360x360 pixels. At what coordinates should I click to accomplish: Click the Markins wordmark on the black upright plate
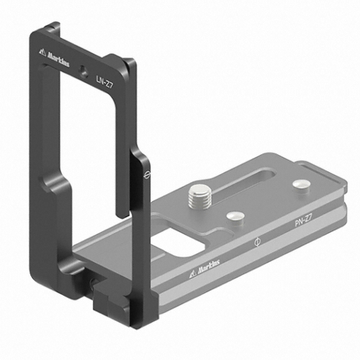[58, 60]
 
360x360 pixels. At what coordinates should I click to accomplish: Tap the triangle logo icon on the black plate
[42, 53]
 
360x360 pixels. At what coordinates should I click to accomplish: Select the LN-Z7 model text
[104, 82]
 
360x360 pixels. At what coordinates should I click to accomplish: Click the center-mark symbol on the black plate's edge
[146, 175]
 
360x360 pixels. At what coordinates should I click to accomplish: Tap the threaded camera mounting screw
[199, 196]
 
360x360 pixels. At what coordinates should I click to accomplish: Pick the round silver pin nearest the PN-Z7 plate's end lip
[302, 185]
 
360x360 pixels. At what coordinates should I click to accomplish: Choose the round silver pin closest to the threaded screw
[235, 216]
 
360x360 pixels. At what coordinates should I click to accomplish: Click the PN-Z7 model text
[303, 220]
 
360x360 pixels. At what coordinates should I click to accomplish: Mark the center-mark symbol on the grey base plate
[257, 242]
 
